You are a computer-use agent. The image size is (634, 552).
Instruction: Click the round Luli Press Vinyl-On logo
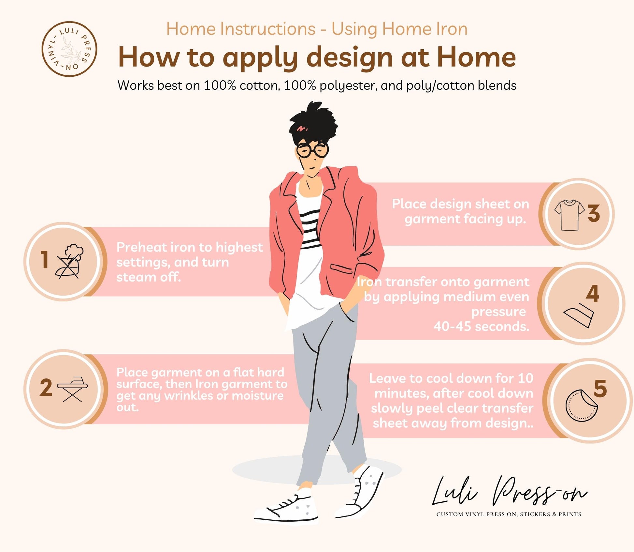coord(69,49)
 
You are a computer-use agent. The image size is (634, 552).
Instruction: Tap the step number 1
coord(44,260)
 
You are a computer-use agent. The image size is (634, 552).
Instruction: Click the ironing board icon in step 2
coord(72,389)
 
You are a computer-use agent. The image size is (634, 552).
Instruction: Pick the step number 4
coord(592,294)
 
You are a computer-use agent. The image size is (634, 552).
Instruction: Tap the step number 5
coord(600,388)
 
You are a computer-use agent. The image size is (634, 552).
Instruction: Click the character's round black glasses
coord(312,150)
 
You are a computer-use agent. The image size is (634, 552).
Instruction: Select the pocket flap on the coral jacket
coord(341,268)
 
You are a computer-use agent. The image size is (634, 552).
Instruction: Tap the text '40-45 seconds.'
coord(482,326)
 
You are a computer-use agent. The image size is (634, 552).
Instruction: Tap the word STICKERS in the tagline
coord(535,514)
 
